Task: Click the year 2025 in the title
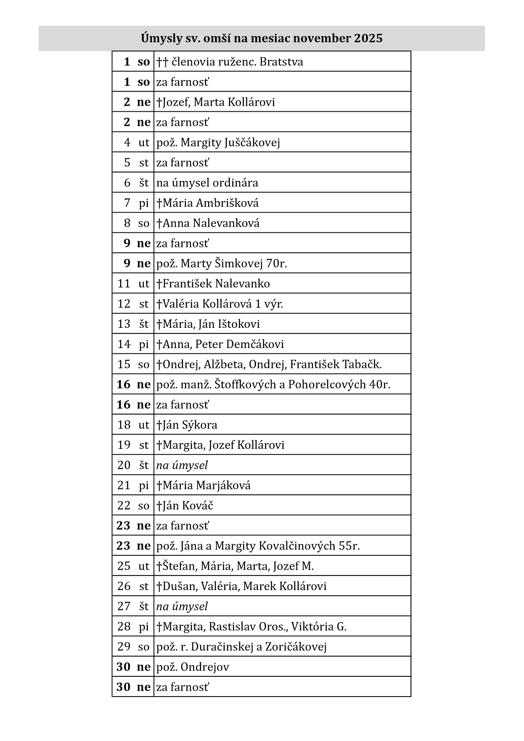pos(368,39)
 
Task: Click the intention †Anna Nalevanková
pos(208,223)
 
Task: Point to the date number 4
pos(127,142)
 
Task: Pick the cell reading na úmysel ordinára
pos(207,183)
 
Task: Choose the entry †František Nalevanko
pos(213,284)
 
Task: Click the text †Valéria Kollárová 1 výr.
pos(220,304)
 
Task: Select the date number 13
pos(124,324)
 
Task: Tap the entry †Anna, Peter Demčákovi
pos(220,344)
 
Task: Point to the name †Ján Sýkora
pos(187,425)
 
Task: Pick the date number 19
pos(124,445)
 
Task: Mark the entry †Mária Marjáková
pos(204,485)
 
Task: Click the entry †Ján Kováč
pos(185,506)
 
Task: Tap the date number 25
pos(124,566)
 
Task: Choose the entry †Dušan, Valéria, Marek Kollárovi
pos(242,586)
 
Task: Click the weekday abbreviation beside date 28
pos(144,627)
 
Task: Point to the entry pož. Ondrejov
pos(193,667)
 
